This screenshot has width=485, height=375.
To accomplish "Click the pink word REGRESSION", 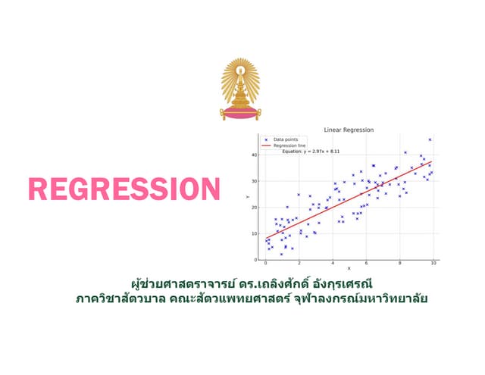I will pyautogui.click(x=124, y=189).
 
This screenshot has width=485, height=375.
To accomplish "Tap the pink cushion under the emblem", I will pyautogui.click(x=240, y=114).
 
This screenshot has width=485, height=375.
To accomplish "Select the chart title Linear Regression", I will pyautogui.click(x=348, y=130).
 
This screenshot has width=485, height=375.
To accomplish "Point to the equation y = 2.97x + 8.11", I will pyautogui.click(x=311, y=152).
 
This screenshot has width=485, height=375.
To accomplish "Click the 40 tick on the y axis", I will pyautogui.click(x=255, y=155).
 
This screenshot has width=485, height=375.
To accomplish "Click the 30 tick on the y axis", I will pyautogui.click(x=255, y=182).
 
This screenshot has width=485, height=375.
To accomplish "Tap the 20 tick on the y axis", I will pyautogui.click(x=255, y=208).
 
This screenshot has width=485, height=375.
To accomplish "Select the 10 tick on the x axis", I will pyautogui.click(x=433, y=263).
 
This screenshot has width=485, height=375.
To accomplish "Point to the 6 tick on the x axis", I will pyautogui.click(x=366, y=263).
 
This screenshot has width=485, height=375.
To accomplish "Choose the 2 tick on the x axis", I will pyautogui.click(x=299, y=263).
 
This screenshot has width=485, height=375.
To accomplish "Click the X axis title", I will pyautogui.click(x=349, y=269).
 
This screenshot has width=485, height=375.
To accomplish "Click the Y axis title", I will pyautogui.click(x=248, y=197).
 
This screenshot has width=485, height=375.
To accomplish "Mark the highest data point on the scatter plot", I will pyautogui.click(x=430, y=139).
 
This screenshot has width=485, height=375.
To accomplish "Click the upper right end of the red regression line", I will pyautogui.click(x=431, y=162).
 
